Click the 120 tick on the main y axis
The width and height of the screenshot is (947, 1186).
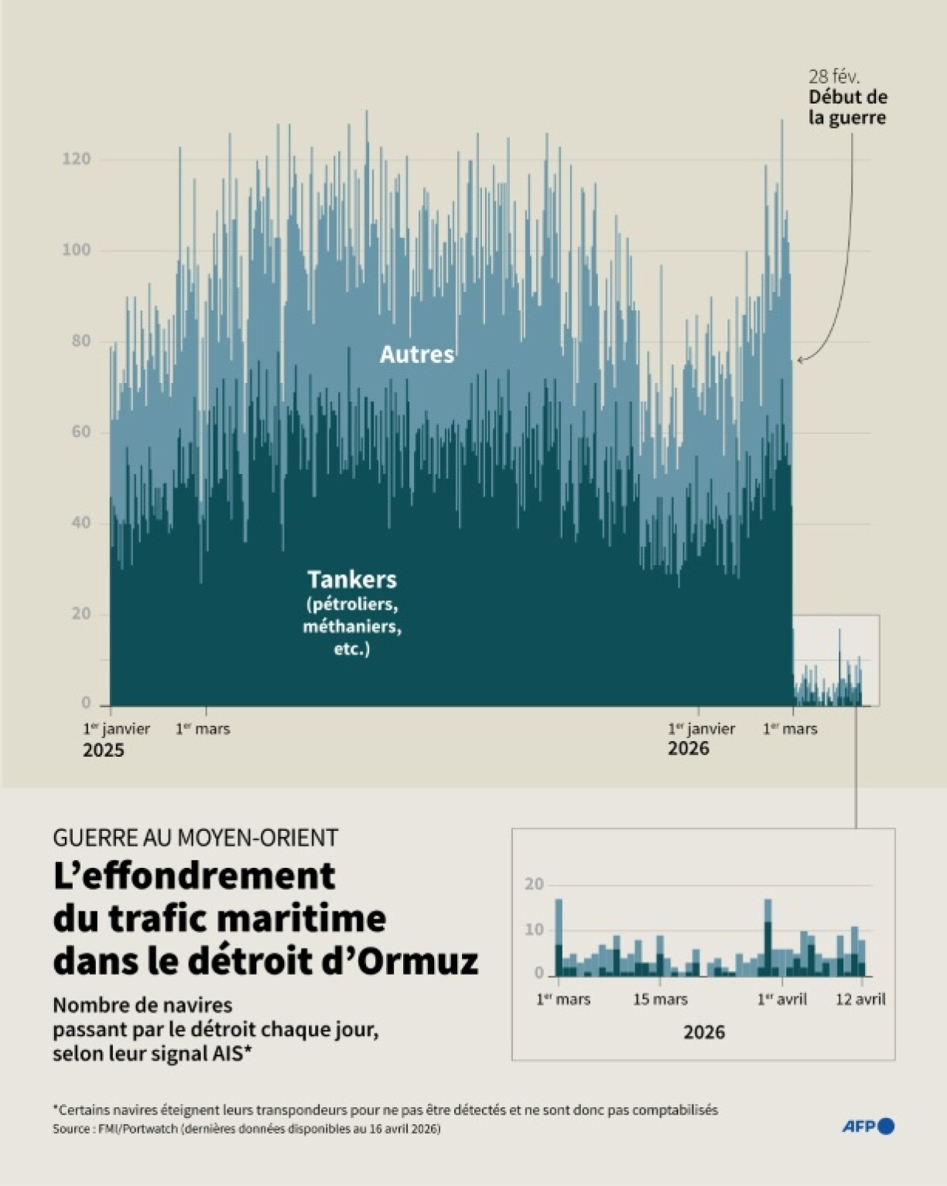(x=76, y=159)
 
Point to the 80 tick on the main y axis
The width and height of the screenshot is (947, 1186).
(x=80, y=340)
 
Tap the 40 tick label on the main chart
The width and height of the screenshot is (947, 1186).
(x=80, y=522)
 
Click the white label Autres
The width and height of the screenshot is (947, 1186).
(x=416, y=354)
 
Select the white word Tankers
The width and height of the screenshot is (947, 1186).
(x=352, y=579)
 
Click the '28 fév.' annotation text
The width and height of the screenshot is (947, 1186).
(x=834, y=77)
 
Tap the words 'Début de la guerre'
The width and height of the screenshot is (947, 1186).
(x=847, y=108)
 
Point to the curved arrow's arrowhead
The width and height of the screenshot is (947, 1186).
(x=800, y=359)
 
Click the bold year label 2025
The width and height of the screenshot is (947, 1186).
(x=104, y=750)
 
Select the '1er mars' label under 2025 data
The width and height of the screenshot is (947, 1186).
(x=203, y=729)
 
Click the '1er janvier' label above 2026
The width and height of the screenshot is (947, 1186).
(x=702, y=729)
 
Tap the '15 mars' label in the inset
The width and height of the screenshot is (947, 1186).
(x=660, y=1000)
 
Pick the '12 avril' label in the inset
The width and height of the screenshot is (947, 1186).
(x=860, y=1000)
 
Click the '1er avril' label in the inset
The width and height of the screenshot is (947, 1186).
(x=782, y=1000)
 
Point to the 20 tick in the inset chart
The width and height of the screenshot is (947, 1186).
(x=534, y=884)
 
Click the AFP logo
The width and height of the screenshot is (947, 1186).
(x=868, y=1126)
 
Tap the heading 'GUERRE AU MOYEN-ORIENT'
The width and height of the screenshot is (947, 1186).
(x=196, y=837)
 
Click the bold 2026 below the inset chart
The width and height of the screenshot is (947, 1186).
(x=704, y=1032)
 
